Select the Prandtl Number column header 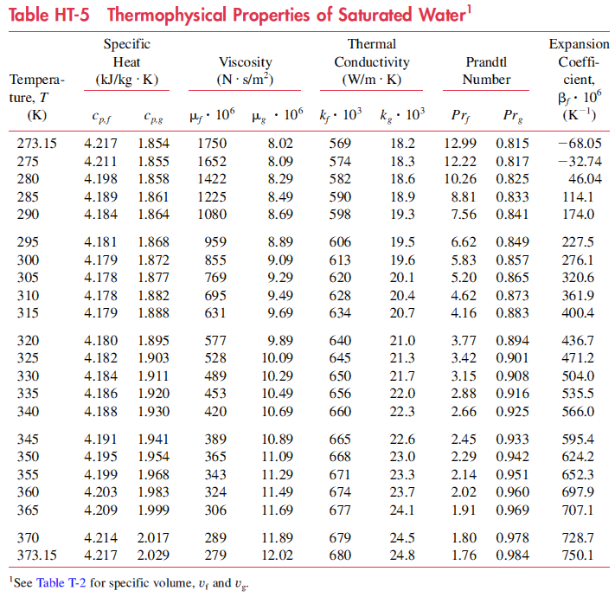(x=486, y=71)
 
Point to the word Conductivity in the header (x=372, y=62)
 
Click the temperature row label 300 (x=29, y=260)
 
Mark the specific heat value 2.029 (x=154, y=555)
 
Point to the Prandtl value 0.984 (x=512, y=555)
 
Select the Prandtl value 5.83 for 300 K (x=463, y=260)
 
